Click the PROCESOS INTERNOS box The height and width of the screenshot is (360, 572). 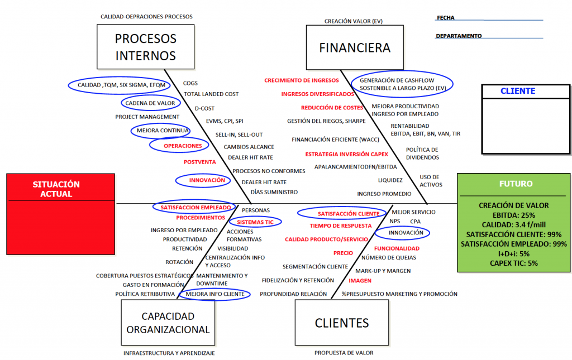click(x=145, y=47)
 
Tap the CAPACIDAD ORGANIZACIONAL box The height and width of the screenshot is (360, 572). click(x=168, y=323)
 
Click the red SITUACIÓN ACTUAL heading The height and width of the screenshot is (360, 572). click(x=56, y=189)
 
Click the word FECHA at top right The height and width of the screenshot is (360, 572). click(x=446, y=18)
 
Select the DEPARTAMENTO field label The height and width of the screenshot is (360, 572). click(x=459, y=36)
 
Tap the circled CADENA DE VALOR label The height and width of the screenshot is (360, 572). click(x=150, y=103)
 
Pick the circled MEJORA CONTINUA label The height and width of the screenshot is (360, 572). click(x=160, y=131)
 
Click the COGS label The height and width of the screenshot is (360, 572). click(x=190, y=83)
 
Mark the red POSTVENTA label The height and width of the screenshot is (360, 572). click(x=199, y=162)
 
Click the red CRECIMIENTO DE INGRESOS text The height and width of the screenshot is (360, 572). click(x=302, y=80)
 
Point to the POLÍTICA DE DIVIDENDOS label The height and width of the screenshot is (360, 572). click(x=422, y=153)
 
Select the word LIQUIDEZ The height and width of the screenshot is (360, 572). click(x=390, y=180)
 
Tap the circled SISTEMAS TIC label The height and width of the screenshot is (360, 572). click(x=255, y=222)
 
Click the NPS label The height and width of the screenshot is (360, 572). click(x=395, y=221)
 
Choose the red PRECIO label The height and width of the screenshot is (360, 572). click(x=343, y=253)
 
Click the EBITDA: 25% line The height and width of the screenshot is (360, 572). click(x=514, y=215)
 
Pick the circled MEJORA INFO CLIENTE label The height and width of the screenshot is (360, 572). click(x=215, y=294)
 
